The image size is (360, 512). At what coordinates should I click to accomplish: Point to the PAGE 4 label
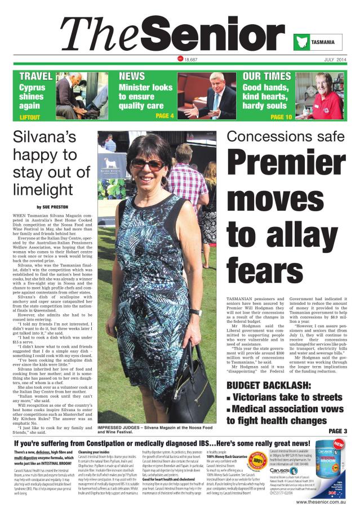(164, 115)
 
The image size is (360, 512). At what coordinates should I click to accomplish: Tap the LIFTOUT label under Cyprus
(30, 117)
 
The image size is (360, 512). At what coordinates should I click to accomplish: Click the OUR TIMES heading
(266, 76)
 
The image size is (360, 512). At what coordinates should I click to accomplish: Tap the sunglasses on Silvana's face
(148, 164)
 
